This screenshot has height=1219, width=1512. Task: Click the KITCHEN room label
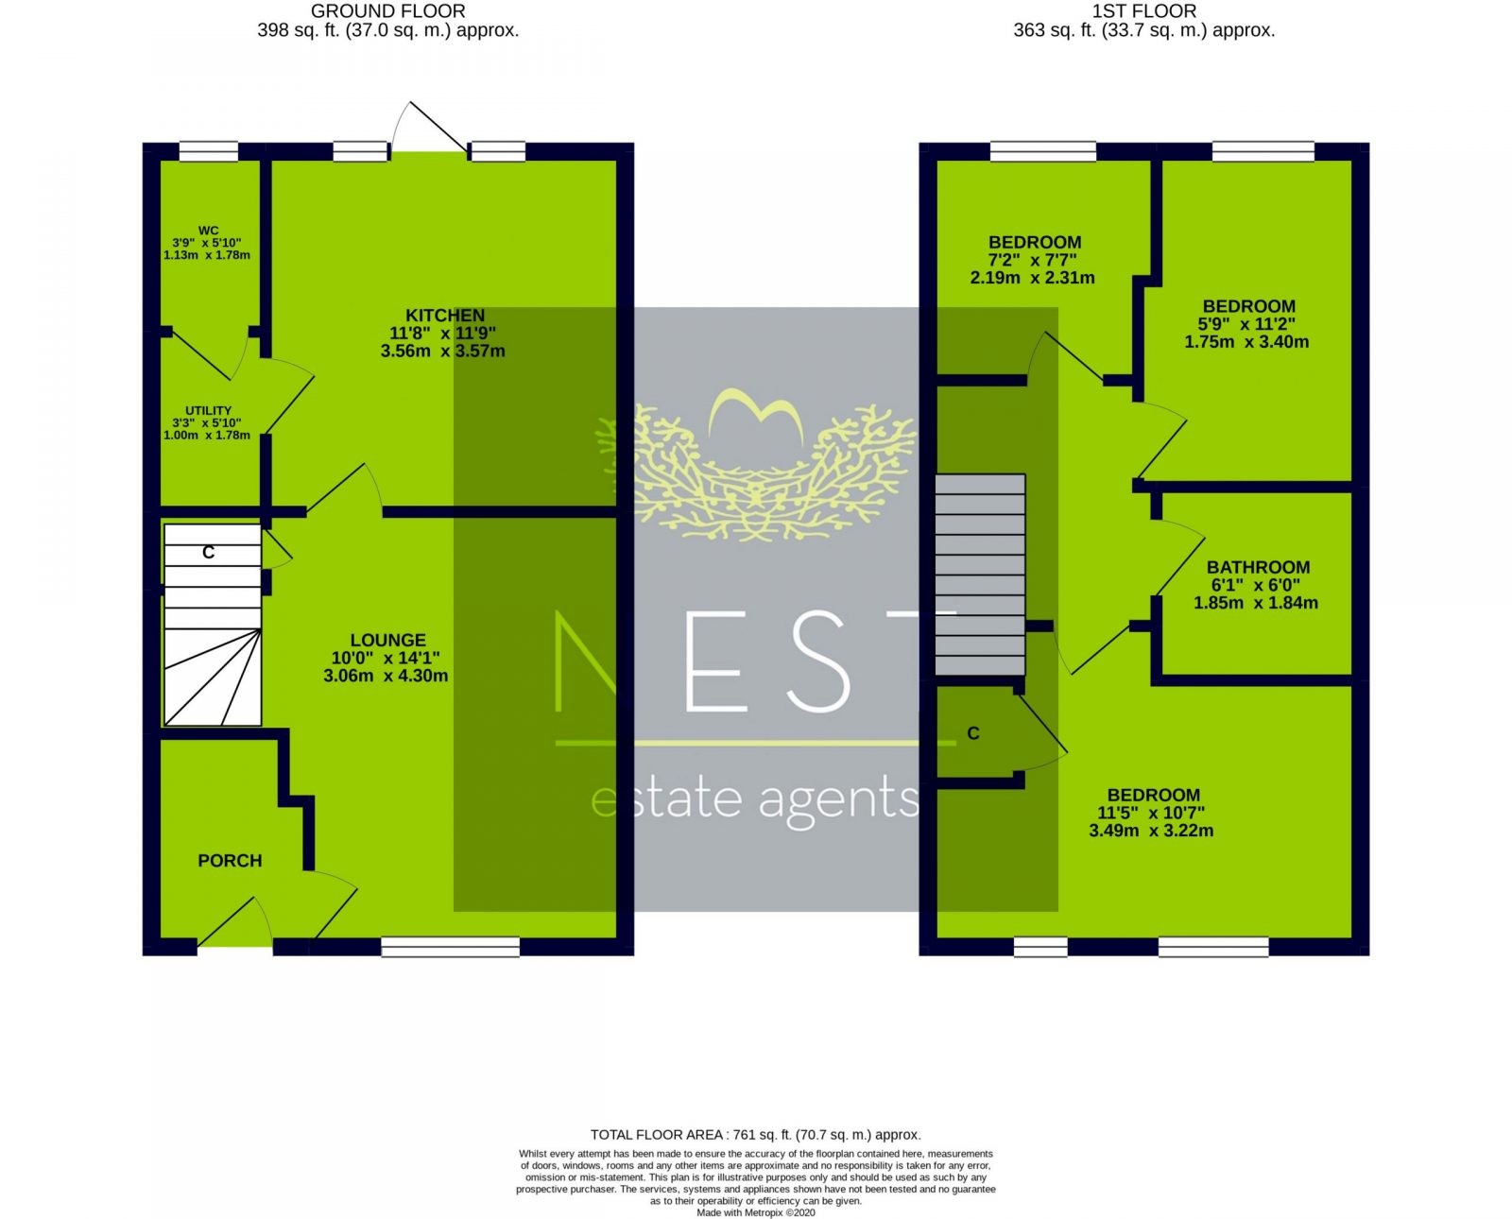point(445,316)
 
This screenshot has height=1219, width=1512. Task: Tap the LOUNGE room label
point(387,640)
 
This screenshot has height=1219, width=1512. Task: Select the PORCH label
point(230,861)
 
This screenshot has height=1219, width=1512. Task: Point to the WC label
point(208,231)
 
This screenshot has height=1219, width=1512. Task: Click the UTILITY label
point(208,410)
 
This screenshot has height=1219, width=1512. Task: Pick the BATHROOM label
point(1259,567)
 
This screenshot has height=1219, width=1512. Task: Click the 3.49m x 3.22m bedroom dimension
point(1151,831)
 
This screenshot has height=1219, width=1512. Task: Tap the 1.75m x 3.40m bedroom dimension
point(1246,342)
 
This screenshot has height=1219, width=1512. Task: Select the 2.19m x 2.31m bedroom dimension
point(1032,278)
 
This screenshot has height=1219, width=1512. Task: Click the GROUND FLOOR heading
point(387,11)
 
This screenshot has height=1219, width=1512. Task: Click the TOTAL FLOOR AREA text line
point(755,1135)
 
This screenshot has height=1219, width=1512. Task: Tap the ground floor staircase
point(213,625)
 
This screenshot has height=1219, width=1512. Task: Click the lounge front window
point(451,947)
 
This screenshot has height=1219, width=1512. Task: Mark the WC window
point(209,152)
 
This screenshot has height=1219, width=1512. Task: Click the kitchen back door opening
point(429,151)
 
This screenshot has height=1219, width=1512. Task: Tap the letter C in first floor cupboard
point(973,733)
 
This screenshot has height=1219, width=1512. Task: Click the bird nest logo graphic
point(756,465)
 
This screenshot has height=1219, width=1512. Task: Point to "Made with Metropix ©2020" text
point(755,1212)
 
